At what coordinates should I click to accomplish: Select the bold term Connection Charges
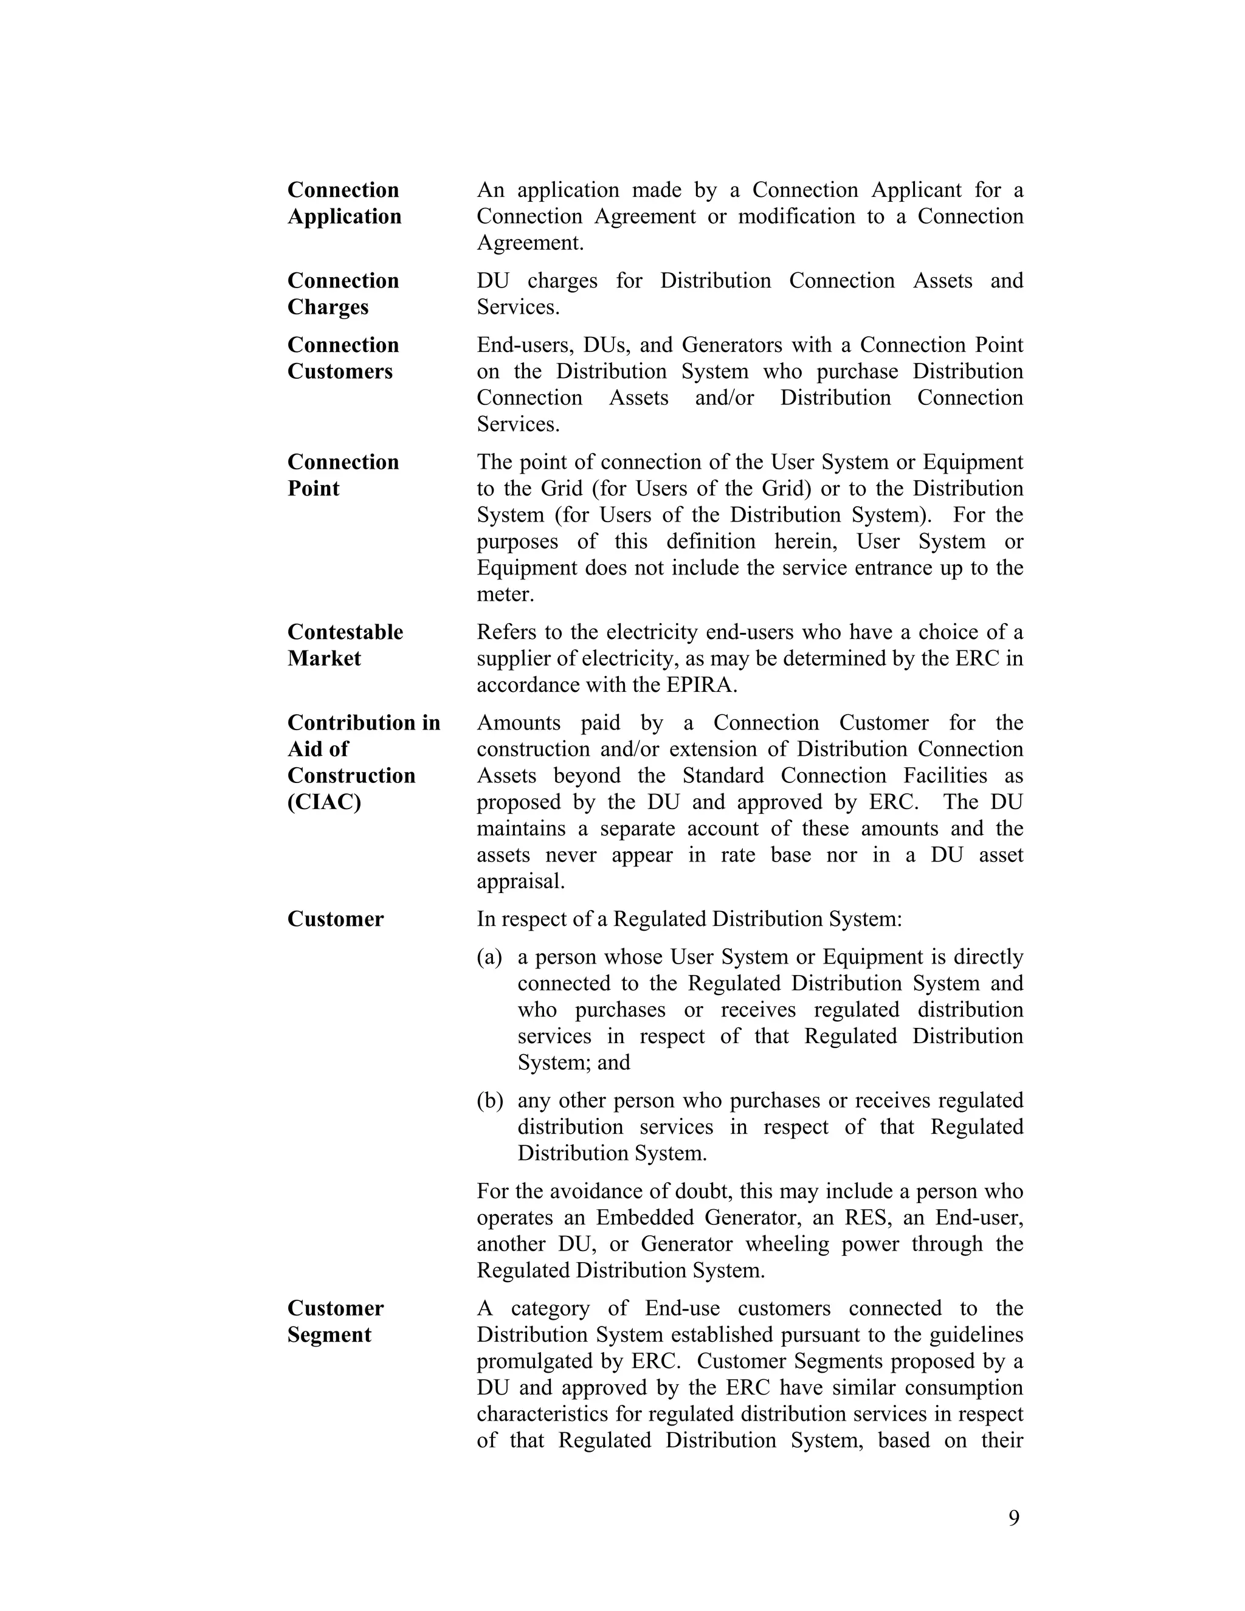343,294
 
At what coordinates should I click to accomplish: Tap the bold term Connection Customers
343,357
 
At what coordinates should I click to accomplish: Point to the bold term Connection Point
343,475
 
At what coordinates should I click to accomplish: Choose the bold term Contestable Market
345,644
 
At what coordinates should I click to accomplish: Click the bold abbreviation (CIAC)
324,802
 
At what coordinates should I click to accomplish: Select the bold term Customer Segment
335,1321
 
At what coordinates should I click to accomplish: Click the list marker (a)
489,957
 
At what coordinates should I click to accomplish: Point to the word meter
505,595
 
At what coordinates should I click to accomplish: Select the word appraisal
520,881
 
